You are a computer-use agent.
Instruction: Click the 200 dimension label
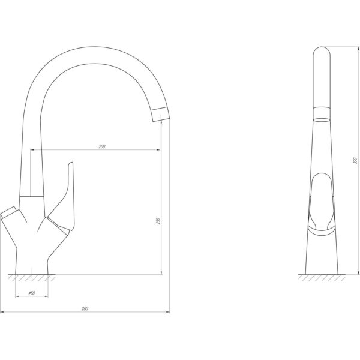102,146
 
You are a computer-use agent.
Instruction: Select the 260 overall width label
85,309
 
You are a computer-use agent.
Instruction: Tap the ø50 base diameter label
32,293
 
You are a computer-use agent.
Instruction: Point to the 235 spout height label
158,221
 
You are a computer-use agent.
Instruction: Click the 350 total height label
355,160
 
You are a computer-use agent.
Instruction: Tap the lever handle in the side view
322,205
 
